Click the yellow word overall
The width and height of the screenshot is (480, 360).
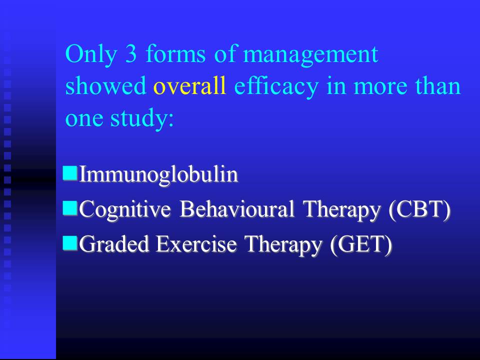point(190,85)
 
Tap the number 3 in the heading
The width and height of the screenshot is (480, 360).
point(130,54)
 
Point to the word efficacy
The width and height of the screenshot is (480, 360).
point(276,87)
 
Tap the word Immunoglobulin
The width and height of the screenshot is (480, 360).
point(158,175)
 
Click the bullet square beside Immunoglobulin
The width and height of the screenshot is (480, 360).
point(70,173)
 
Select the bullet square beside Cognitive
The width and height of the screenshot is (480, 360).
point(70,207)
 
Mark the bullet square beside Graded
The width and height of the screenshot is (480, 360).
point(70,243)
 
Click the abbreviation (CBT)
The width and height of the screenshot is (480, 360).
point(419,210)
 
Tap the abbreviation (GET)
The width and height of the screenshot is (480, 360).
point(361,245)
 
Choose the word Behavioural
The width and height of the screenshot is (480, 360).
point(237,209)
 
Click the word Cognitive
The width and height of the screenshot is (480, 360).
point(125,210)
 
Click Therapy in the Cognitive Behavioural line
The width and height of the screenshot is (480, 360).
point(341,210)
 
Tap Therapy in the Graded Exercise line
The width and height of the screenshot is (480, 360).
point(283,245)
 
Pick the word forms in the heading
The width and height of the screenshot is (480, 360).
point(175,54)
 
